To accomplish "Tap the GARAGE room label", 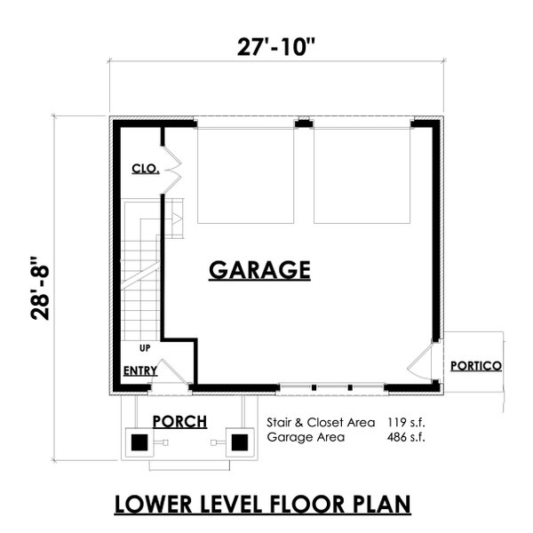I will pos(259,269).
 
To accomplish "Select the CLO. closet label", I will pos(145,168).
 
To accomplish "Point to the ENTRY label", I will pos(140,370).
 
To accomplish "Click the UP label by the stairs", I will pos(144,347).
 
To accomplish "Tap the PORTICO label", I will pos(475,365).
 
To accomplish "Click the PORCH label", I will pos(179,420).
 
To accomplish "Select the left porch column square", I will pos(139,441).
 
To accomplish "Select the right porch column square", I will pos(237,441).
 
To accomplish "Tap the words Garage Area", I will pos(300,437).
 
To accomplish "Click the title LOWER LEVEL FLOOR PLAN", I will pos(264,504).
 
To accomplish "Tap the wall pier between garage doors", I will pos(304,125).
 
